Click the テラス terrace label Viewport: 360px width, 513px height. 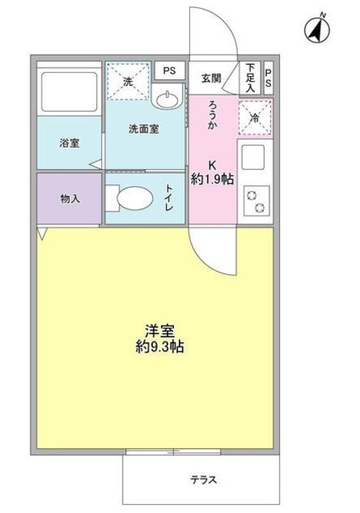pyautogui.click(x=203, y=479)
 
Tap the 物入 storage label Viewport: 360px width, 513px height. pyautogui.click(x=69, y=197)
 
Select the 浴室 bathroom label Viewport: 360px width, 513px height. pyautogui.click(x=68, y=144)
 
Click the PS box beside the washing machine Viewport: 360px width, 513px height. pyautogui.click(x=169, y=71)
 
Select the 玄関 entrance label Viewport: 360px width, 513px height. pyautogui.click(x=211, y=77)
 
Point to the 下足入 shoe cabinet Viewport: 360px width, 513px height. pyautogui.click(x=251, y=77)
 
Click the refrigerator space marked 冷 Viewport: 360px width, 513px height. pyautogui.click(x=256, y=116)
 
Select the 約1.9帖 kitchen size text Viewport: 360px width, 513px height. pyautogui.click(x=212, y=180)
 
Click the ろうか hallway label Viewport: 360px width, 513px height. pyautogui.click(x=212, y=114)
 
